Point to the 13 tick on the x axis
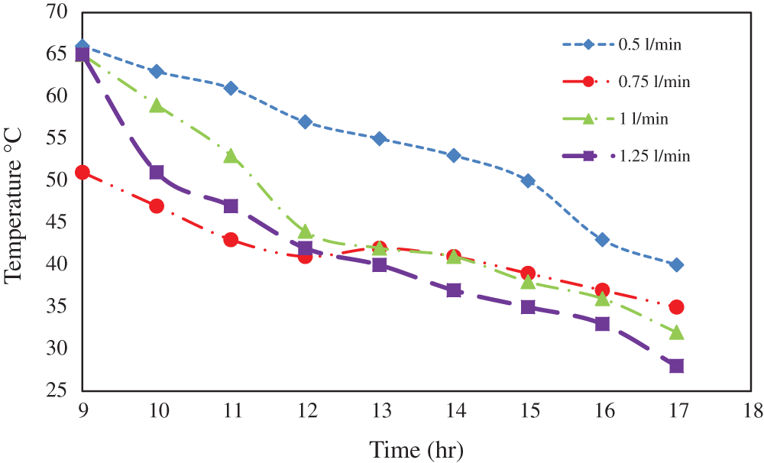(380, 411)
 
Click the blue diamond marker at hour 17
(676, 265)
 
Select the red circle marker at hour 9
(83, 173)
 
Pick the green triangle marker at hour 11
(231, 156)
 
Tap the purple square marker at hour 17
(676, 366)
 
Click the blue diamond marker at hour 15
(528, 181)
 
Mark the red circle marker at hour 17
(676, 307)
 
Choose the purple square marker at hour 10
(157, 173)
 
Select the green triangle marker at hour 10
(157, 105)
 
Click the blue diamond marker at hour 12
(305, 122)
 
